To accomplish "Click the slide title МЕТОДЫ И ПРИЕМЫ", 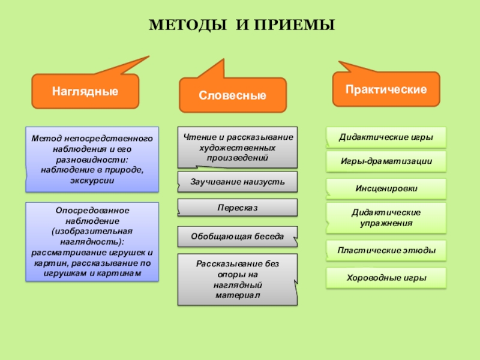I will [x=242, y=26].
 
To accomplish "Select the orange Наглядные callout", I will [x=85, y=91].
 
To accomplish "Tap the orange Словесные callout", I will [x=233, y=95].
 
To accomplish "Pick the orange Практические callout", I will [x=386, y=89].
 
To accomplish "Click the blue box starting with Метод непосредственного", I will [x=92, y=159].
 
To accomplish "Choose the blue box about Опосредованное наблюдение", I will [x=92, y=242].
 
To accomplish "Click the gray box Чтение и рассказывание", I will [x=238, y=147].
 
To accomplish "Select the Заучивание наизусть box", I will [x=238, y=181].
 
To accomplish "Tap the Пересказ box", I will [x=238, y=207].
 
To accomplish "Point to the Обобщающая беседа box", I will [x=238, y=236].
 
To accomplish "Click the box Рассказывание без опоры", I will [x=238, y=280].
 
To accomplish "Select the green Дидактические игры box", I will [x=386, y=137].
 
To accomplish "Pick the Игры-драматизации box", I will [x=386, y=161].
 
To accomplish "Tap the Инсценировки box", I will [x=386, y=188].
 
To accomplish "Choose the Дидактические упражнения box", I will [x=386, y=217].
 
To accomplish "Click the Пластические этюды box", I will [x=386, y=250].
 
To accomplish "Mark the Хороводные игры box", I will [x=386, y=278].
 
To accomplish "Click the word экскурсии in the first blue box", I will [x=92, y=181].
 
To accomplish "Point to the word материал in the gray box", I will [x=238, y=296].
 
